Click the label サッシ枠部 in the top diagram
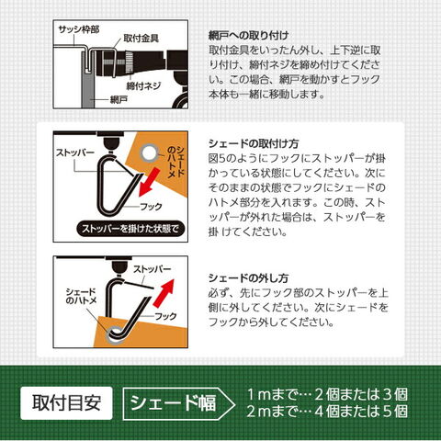tap(79, 29)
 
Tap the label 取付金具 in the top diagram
tap(141, 39)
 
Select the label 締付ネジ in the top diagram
tap(143, 86)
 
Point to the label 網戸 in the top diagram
tap(119, 99)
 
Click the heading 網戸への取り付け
tap(248, 36)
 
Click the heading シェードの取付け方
tap(254, 143)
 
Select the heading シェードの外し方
tap(248, 278)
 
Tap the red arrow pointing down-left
tap(149, 182)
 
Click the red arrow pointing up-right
tap(164, 293)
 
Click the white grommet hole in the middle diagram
tap(149, 153)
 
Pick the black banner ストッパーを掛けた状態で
tap(130, 229)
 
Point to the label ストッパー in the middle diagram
tap(75, 153)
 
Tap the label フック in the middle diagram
tap(151, 207)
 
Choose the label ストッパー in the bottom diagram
tap(153, 269)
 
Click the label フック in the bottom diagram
tap(165, 316)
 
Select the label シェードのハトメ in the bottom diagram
tap(81, 296)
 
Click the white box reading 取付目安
tap(66, 403)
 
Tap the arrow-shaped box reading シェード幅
tap(179, 403)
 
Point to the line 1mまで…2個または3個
tap(327, 394)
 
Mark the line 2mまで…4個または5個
tap(327, 411)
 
